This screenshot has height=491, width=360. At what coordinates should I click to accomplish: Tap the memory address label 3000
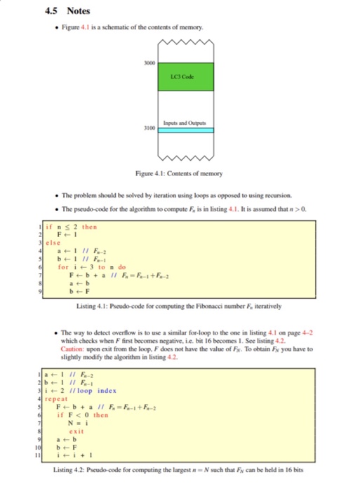point(149,62)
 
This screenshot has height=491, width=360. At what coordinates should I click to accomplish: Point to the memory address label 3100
point(149,130)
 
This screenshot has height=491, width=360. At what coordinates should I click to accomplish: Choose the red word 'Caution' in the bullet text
point(73,349)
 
